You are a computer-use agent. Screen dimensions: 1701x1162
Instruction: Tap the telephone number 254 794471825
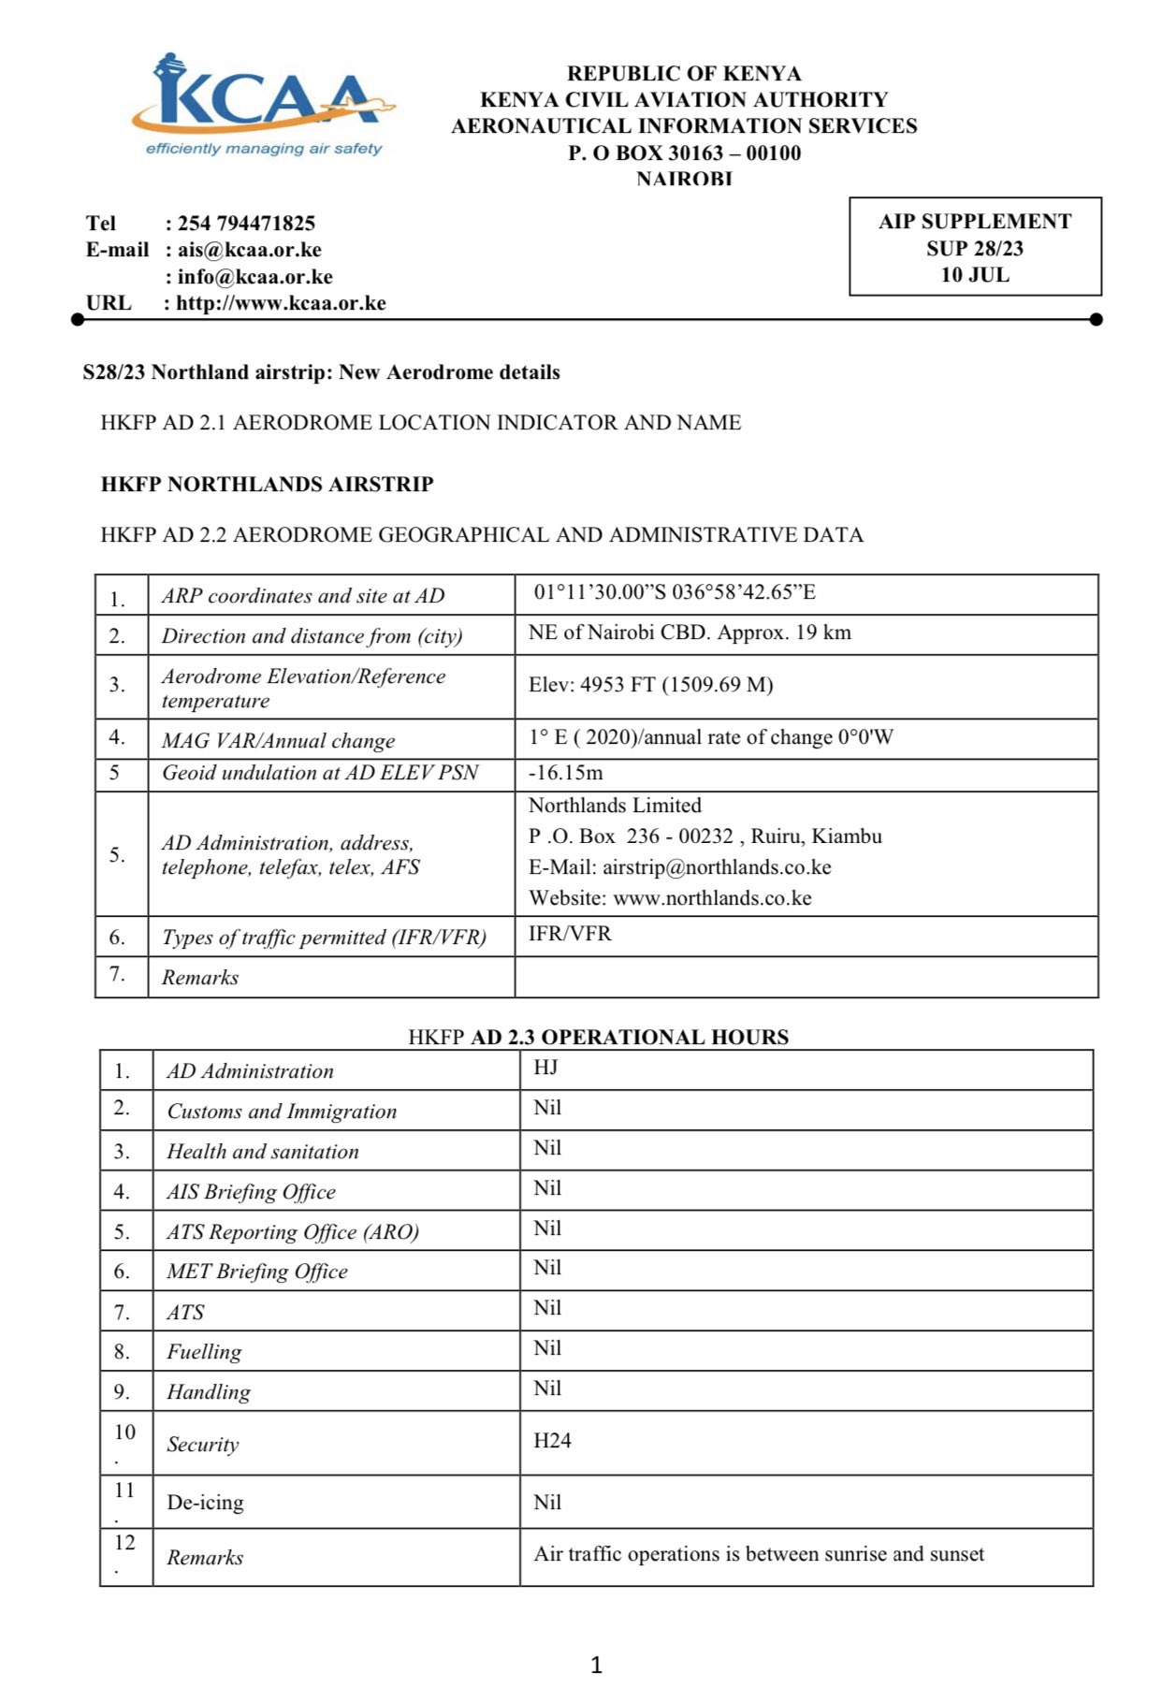[x=246, y=224]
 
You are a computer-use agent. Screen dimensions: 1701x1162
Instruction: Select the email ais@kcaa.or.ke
[x=249, y=250]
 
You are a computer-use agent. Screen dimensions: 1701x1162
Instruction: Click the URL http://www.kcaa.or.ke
[x=281, y=303]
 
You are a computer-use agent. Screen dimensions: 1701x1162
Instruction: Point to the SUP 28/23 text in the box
[x=975, y=248]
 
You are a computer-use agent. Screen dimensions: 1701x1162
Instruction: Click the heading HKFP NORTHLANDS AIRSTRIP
[x=268, y=485]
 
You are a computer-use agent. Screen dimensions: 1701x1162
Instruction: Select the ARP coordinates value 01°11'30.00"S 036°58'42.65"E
[x=675, y=592]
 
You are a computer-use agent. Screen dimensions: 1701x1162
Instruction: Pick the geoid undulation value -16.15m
[x=565, y=773]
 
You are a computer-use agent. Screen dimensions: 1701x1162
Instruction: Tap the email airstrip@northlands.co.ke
[x=717, y=867]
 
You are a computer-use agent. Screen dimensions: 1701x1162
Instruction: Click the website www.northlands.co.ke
[x=712, y=898]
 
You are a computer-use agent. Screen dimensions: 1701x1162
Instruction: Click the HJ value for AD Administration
[x=545, y=1068]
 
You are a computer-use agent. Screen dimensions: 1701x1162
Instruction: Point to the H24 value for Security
[x=552, y=1441]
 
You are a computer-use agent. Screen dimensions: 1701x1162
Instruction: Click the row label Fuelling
[x=204, y=1352]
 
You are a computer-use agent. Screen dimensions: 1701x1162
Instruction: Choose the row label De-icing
[x=205, y=1503]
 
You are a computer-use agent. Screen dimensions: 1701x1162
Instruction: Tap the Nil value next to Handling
[x=547, y=1388]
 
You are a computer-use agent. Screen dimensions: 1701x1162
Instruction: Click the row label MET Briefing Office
[x=257, y=1272]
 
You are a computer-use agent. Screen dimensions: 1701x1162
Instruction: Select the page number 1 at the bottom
[x=597, y=1665]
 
